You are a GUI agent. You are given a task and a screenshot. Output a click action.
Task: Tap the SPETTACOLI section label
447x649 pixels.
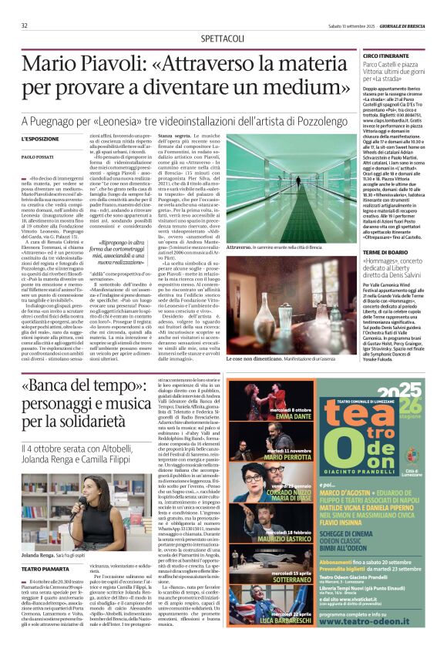tap(223, 37)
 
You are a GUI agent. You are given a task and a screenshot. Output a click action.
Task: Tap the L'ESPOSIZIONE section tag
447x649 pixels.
tap(40, 139)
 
